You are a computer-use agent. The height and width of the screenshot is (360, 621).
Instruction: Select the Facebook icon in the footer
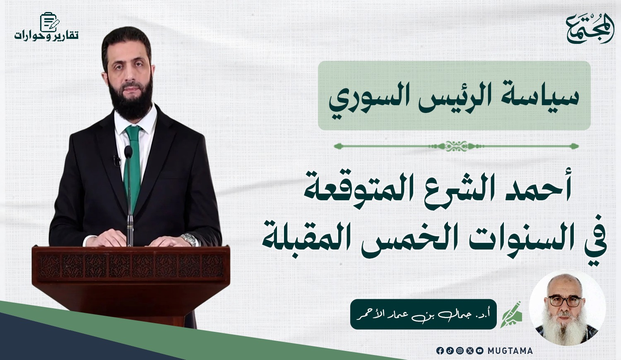click(440, 350)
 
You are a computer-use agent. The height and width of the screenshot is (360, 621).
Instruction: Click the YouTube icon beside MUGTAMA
click(480, 350)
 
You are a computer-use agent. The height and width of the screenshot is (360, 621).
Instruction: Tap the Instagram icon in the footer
click(460, 350)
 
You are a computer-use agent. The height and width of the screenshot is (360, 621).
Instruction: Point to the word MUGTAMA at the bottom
click(510, 351)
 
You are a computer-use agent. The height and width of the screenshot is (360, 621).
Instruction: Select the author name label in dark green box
click(424, 314)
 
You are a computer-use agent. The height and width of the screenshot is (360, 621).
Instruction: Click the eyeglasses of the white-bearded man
click(565, 301)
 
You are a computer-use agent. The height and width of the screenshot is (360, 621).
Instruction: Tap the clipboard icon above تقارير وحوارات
click(49, 22)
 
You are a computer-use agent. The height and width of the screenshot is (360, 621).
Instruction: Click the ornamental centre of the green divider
click(456, 146)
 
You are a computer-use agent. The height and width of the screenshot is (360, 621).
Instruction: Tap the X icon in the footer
click(470, 350)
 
